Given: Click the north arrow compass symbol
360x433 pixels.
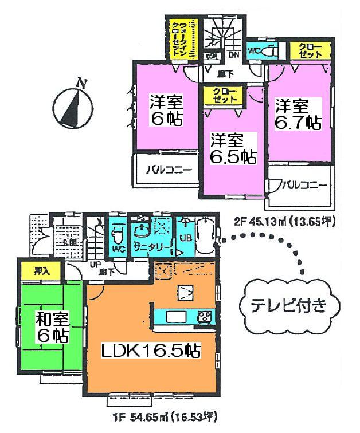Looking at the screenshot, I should click(72, 103).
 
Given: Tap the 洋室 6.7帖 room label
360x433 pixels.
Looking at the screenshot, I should click(296, 114).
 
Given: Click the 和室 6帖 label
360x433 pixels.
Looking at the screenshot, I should click(51, 328).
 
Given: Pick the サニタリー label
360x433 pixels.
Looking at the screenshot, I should click(152, 247).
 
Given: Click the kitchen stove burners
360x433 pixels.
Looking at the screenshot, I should click(205, 316).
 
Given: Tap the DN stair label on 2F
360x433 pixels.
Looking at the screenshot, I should click(234, 55).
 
